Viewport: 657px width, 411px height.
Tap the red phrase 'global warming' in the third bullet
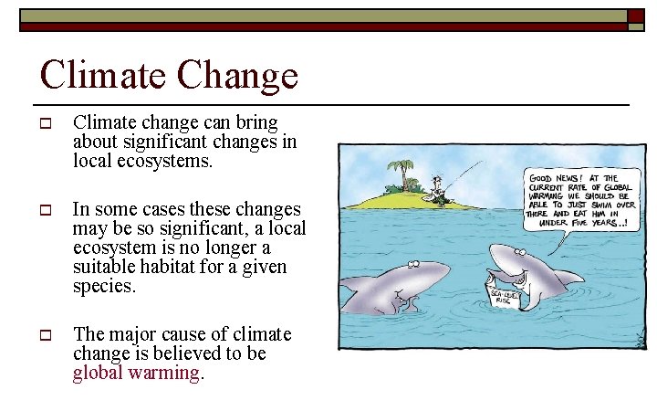[x=136, y=373]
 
